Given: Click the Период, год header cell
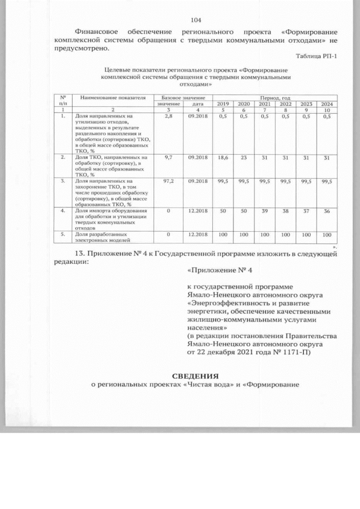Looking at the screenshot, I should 274,98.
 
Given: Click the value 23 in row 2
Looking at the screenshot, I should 244,159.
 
